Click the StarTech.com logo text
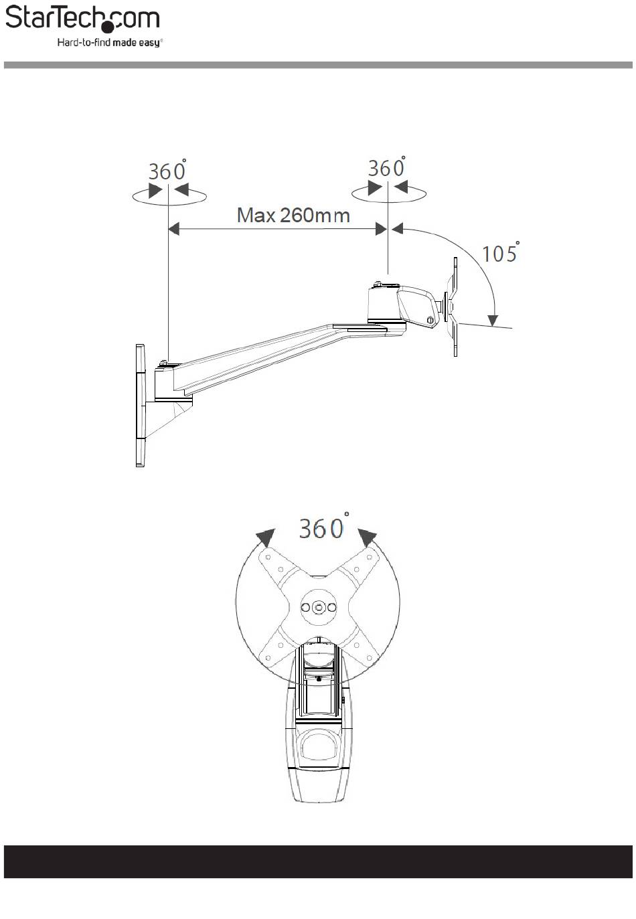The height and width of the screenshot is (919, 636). click(x=82, y=19)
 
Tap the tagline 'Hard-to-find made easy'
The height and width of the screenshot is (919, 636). click(x=110, y=42)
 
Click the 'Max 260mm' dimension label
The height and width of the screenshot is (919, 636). click(x=293, y=215)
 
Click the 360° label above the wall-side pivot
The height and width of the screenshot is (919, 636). click(x=167, y=170)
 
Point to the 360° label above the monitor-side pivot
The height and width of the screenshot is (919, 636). click(x=386, y=167)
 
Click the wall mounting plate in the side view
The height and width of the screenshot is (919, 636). click(x=141, y=406)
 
